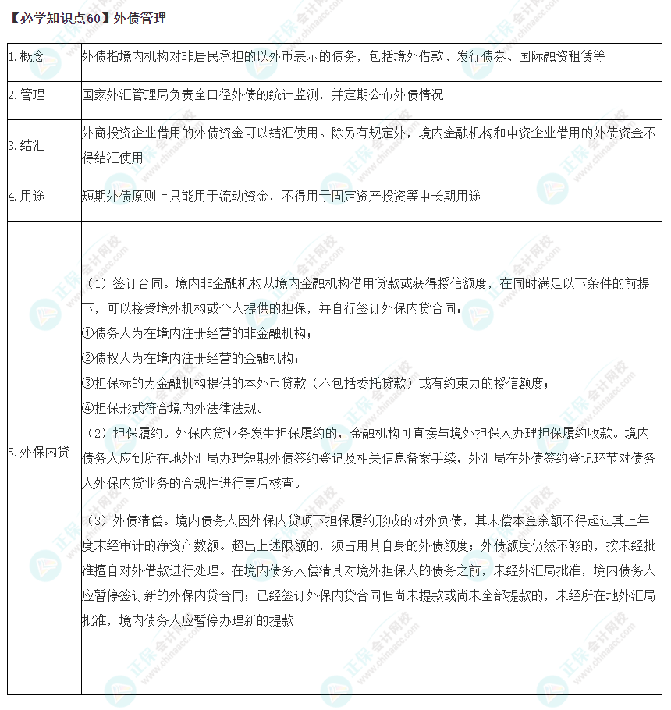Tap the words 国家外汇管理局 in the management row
point(122,95)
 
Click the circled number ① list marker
point(87,333)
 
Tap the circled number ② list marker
point(87,358)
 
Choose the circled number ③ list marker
point(87,383)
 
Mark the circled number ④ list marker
point(87,408)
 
